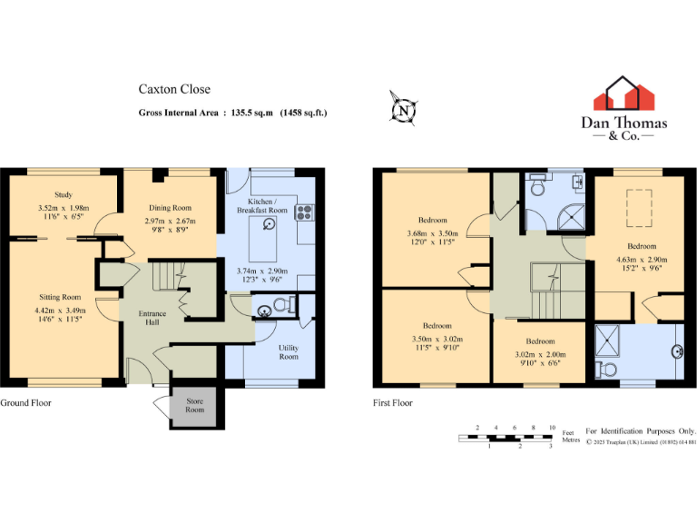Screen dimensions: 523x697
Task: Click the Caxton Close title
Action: tap(174, 89)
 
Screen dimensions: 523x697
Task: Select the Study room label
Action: tap(63, 194)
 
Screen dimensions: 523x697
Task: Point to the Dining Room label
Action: tap(170, 208)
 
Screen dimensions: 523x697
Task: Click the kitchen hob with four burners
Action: tap(303, 213)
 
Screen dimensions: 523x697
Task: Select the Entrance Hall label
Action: tap(152, 319)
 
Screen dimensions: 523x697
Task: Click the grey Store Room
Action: tap(191, 404)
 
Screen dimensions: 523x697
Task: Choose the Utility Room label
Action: tap(289, 351)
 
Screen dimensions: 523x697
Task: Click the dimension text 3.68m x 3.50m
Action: tap(432, 233)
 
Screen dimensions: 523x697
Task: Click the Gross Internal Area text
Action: tap(232, 113)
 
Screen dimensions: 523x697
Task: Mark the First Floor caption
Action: tap(392, 402)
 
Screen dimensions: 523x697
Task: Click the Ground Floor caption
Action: tap(25, 402)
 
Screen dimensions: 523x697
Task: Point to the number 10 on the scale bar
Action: tap(552, 426)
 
